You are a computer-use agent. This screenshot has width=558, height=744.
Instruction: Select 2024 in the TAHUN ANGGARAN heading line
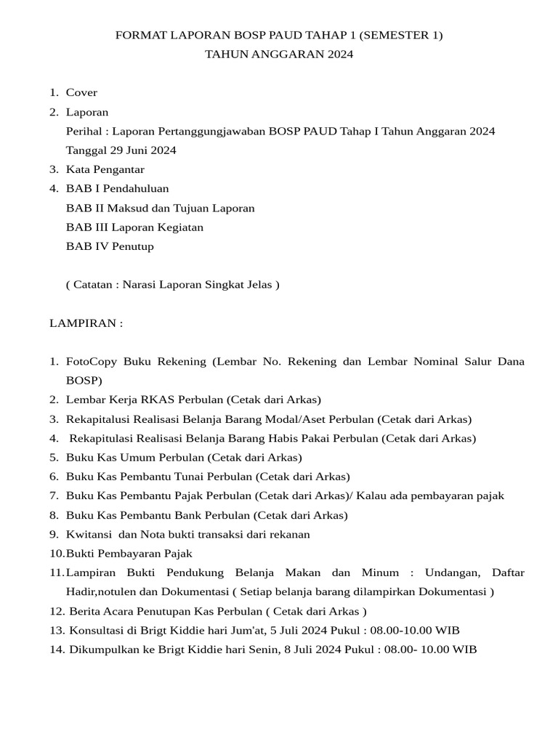click(x=339, y=54)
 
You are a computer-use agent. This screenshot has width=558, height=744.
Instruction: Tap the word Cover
click(x=81, y=93)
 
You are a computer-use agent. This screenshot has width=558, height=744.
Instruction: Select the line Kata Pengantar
click(x=105, y=169)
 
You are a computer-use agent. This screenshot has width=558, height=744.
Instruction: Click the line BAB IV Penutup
click(x=110, y=246)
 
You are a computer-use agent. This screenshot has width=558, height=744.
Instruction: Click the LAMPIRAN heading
click(x=86, y=323)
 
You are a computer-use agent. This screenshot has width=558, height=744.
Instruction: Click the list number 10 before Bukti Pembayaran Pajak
click(x=56, y=554)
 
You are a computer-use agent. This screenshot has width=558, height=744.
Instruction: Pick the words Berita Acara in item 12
click(x=97, y=611)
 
